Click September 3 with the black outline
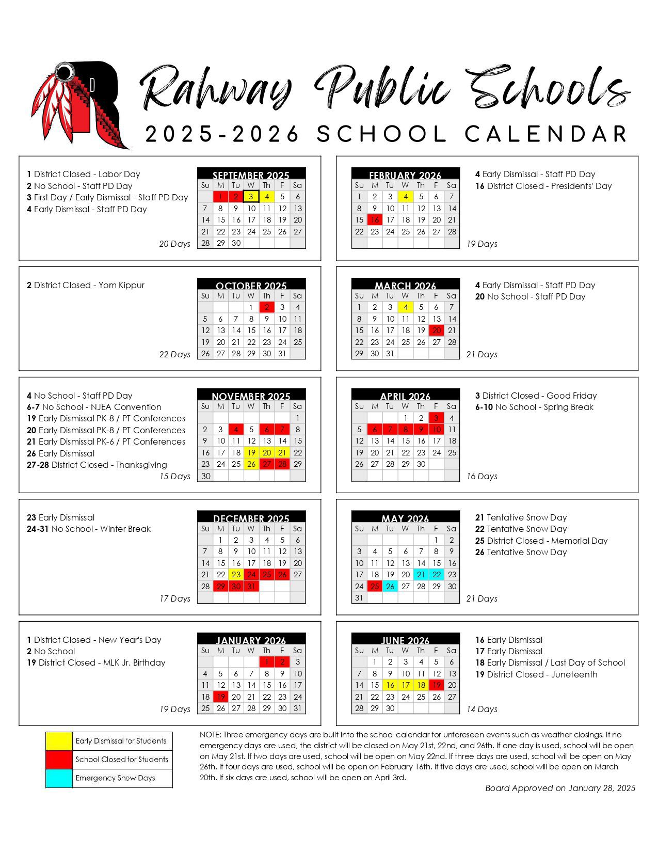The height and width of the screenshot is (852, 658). coord(251,197)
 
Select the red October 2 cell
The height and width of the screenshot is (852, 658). coord(266,307)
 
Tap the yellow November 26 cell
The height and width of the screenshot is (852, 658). coord(251,464)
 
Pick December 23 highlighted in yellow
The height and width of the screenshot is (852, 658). coord(236,575)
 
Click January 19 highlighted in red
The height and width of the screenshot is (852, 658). coord(221,697)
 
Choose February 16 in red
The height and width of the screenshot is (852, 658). coord(375,220)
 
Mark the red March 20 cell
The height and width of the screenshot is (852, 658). coord(437,330)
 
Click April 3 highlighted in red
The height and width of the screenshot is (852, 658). coord(437,418)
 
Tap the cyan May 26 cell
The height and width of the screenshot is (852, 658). coord(390,587)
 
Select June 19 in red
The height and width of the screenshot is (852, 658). coord(437,685)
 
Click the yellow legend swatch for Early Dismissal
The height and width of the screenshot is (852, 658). coord(59,741)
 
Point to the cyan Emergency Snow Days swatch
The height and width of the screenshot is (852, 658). coord(59,778)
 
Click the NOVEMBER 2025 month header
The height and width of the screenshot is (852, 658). coord(251,396)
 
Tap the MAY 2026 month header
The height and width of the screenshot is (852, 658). coord(405,518)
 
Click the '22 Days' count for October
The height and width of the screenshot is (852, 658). coord(174,355)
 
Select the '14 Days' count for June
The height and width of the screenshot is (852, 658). coord(482,709)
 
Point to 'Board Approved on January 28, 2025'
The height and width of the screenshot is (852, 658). coord(560,788)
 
